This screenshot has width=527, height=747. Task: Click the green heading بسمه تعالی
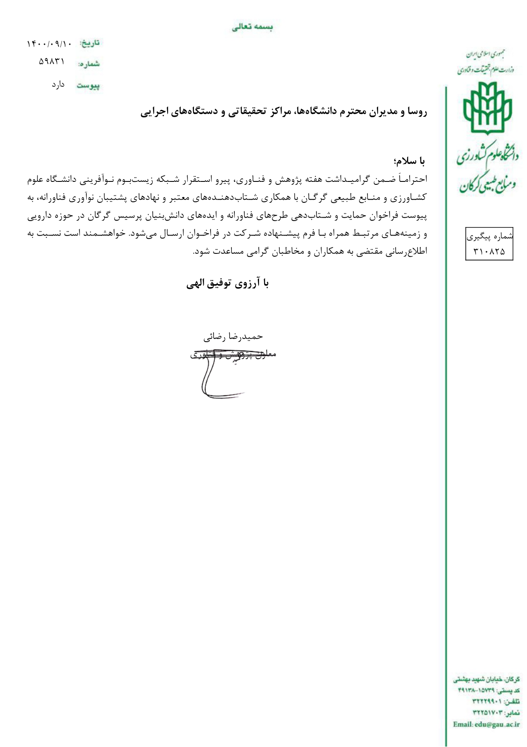[x=252, y=27]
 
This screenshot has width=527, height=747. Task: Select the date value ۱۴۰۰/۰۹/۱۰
[x=49, y=43]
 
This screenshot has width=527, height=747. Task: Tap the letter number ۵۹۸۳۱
[x=52, y=62]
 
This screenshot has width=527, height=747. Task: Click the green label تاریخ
[x=90, y=43]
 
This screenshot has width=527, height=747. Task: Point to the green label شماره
[x=89, y=64]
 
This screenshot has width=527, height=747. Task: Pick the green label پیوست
[x=88, y=86]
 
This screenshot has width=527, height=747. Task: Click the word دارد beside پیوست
[x=58, y=84]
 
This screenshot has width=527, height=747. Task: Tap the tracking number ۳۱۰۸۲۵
[x=489, y=252]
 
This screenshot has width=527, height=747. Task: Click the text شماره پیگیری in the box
[x=490, y=236]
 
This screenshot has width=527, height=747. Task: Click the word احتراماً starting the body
[x=413, y=179]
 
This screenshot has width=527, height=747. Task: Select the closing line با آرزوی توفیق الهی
[x=228, y=284]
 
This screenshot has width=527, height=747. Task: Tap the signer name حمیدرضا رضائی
[x=233, y=337]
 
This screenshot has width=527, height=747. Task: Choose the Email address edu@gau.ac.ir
[x=486, y=724]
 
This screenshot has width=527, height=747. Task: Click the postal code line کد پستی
[x=489, y=690]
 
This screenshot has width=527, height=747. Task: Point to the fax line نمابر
[x=496, y=713]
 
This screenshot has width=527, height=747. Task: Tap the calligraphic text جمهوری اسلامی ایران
[x=486, y=55]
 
